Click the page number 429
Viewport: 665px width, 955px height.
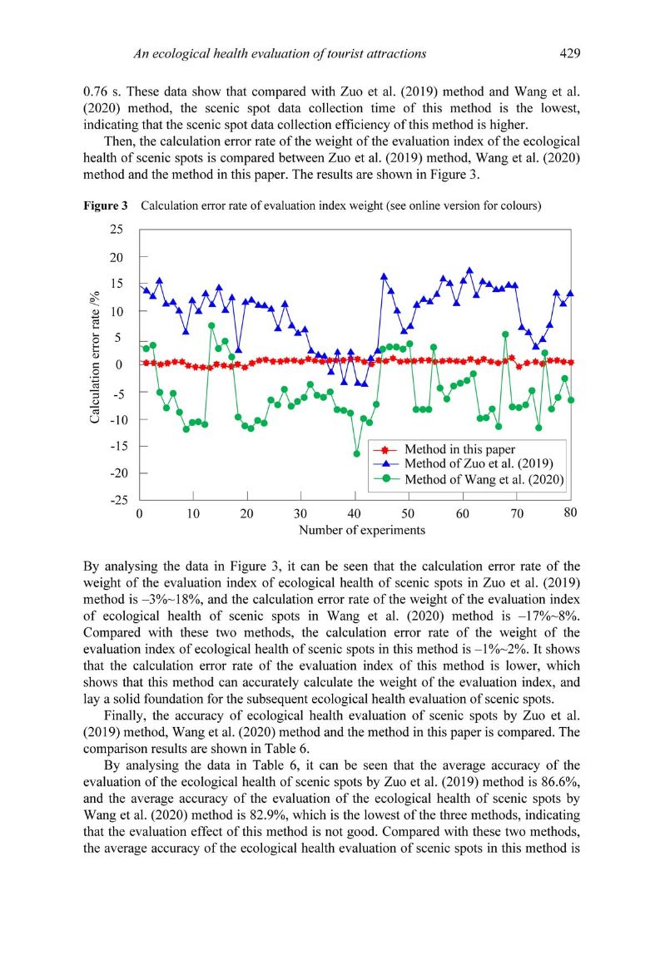pos(569,53)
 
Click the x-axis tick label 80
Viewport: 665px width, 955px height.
pos(570,513)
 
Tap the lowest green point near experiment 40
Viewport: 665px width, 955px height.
pos(356,453)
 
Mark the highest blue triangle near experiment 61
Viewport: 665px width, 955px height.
pos(469,270)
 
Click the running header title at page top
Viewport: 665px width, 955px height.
pos(280,53)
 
